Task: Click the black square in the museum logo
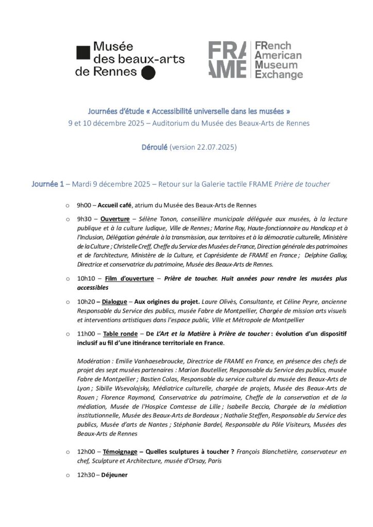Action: (x=82, y=52)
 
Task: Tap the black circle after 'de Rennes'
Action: (x=148, y=73)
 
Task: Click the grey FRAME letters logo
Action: (x=227, y=60)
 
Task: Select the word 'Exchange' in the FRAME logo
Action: (x=279, y=75)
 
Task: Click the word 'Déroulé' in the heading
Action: (x=155, y=147)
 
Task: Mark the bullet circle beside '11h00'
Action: (x=67, y=334)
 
